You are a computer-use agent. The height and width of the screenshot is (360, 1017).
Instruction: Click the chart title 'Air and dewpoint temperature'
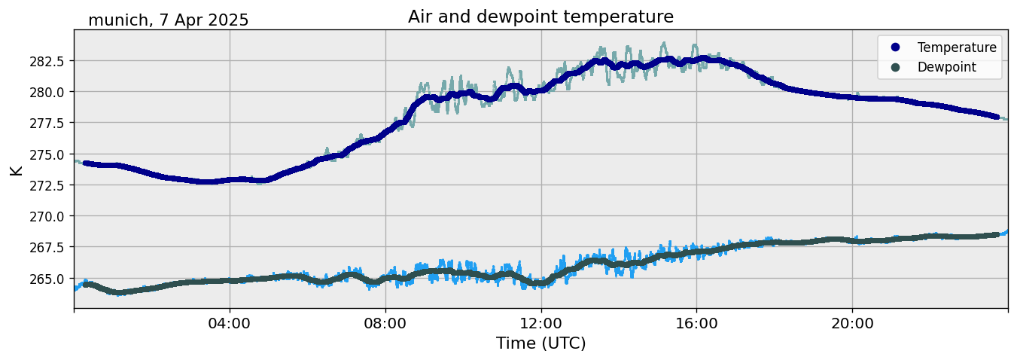pyautogui.click(x=540, y=17)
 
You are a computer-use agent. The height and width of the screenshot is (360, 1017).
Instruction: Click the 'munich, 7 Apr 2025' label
pyautogui.click(x=169, y=20)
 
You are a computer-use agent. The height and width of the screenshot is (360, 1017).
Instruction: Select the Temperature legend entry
pyautogui.click(x=956, y=47)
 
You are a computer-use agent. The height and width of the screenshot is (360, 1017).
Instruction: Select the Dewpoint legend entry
pyautogui.click(x=946, y=67)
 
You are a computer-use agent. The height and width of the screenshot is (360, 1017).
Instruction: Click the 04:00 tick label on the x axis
pyautogui.click(x=230, y=324)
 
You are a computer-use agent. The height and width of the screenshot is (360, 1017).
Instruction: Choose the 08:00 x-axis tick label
pyautogui.click(x=385, y=324)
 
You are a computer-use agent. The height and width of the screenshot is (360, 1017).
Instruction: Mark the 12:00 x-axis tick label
pyautogui.click(x=541, y=324)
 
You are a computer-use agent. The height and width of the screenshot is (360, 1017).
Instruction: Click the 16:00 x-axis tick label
pyautogui.click(x=696, y=324)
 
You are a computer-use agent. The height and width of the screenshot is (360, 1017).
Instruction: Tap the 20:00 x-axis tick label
pyautogui.click(x=852, y=324)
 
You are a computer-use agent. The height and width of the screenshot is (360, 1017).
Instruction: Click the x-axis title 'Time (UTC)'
pyautogui.click(x=540, y=343)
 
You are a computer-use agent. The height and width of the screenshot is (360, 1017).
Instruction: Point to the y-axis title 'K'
pyautogui.click(x=16, y=169)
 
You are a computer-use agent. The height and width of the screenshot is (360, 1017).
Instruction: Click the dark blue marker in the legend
pyautogui.click(x=895, y=47)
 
